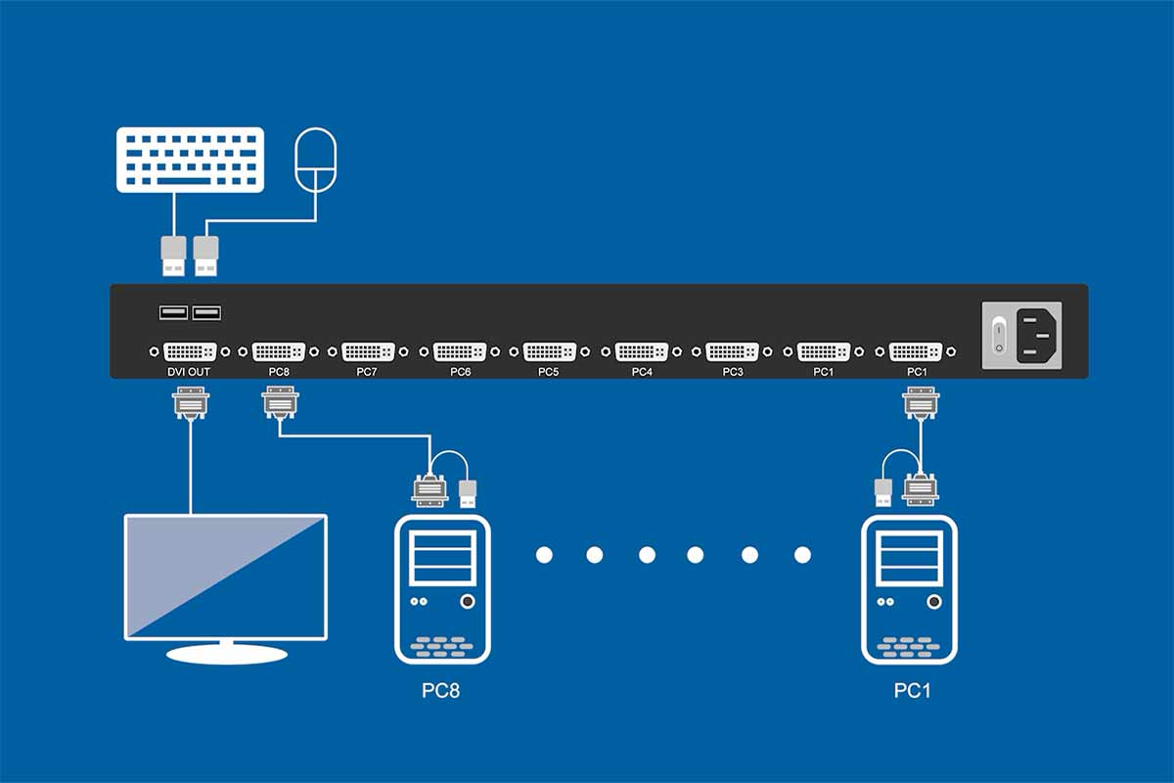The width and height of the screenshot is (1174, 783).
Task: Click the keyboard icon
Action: (189, 160)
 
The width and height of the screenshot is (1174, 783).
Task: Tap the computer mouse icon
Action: (316, 161)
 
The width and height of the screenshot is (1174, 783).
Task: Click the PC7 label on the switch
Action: (368, 372)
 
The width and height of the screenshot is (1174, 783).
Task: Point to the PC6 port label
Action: (460, 372)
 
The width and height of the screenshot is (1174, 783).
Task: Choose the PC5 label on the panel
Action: (549, 372)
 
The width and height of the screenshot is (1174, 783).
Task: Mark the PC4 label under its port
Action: (642, 372)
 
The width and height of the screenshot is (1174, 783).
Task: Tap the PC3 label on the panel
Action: (732, 372)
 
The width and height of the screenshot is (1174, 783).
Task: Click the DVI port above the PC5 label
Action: (550, 351)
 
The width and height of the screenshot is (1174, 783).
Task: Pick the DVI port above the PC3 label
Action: (732, 351)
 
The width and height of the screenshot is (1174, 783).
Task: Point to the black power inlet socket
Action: (1037, 335)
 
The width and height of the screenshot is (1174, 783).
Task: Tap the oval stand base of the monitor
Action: (225, 653)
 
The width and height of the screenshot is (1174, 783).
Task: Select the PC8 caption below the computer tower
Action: (441, 691)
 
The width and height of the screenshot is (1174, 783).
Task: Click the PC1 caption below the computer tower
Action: (912, 691)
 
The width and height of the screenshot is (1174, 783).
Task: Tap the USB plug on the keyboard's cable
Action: (173, 256)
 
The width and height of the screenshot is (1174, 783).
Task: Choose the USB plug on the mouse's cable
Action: (205, 256)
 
